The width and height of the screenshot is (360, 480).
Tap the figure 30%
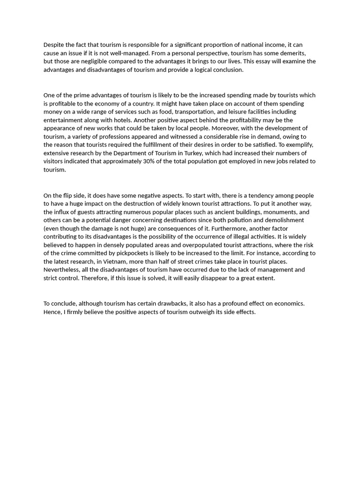tap(170, 162)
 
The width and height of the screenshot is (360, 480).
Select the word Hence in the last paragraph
tap(52, 312)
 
